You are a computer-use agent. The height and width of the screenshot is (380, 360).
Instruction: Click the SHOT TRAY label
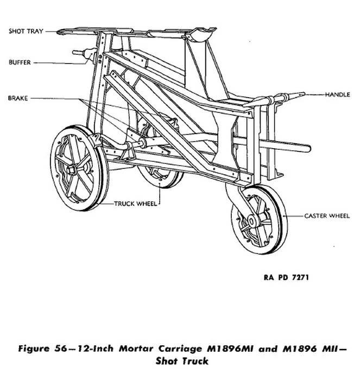[x=26, y=31]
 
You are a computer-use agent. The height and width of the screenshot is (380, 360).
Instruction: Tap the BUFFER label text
[x=20, y=62]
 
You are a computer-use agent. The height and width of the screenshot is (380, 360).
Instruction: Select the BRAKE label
[x=18, y=98]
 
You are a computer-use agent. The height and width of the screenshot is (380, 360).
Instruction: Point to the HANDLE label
[x=337, y=94]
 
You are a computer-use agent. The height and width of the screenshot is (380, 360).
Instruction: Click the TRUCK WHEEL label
[x=136, y=204]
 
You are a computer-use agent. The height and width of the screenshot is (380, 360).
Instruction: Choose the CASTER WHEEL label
[x=327, y=216]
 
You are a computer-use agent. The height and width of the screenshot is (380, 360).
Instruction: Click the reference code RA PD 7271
[x=286, y=277]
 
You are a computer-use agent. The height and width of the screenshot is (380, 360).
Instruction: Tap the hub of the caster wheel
[x=251, y=221]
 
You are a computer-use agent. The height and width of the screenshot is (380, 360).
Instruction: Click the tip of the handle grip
[x=304, y=94]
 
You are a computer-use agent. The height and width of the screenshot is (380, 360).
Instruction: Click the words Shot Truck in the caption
[x=182, y=361]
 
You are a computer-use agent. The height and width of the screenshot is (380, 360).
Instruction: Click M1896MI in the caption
[x=230, y=349]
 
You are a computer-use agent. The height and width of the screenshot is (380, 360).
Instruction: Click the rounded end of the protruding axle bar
[x=308, y=148]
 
